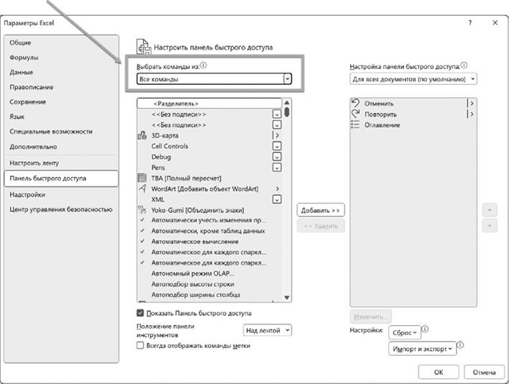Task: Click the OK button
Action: pyautogui.click(x=438, y=372)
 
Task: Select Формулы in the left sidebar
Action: pyautogui.click(x=24, y=58)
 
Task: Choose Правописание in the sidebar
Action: pyautogui.click(x=32, y=87)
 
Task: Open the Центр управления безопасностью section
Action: pyautogui.click(x=61, y=209)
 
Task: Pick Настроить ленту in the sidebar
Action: pyautogui.click(x=34, y=163)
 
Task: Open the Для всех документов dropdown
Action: pyautogui.click(x=413, y=78)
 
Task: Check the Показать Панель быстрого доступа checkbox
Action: pyautogui.click(x=141, y=314)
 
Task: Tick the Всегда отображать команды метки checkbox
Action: pyautogui.click(x=141, y=345)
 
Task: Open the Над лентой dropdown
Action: pyautogui.click(x=268, y=330)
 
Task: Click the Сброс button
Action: pyautogui.click(x=404, y=333)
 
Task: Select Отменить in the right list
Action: pyautogui.click(x=379, y=103)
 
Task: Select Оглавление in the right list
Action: pyautogui.click(x=382, y=124)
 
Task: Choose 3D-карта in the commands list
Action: pyautogui.click(x=165, y=135)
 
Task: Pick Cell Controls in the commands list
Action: pyautogui.click(x=169, y=146)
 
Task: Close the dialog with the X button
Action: pyautogui.click(x=495, y=22)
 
